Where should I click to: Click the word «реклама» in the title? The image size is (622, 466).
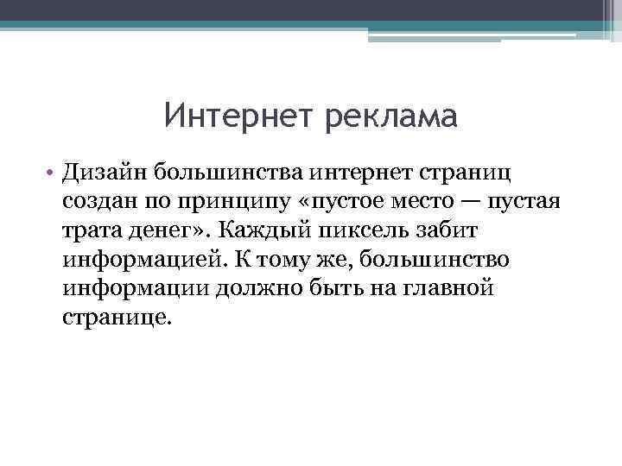(391, 115)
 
